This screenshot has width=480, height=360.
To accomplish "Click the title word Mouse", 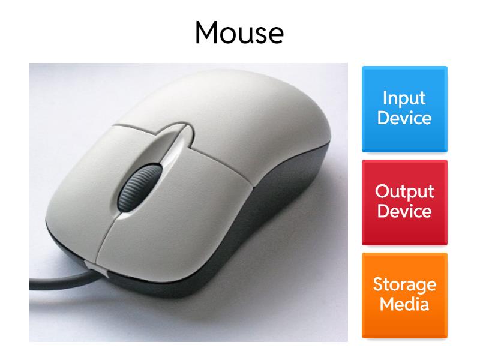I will [239, 33].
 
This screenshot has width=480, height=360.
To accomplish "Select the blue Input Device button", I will [404, 108].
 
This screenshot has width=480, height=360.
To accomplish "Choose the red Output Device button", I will [404, 202].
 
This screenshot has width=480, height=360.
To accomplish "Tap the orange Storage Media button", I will [404, 295].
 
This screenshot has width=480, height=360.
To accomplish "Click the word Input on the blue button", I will [404, 98].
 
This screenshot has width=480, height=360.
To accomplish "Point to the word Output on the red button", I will [404, 192].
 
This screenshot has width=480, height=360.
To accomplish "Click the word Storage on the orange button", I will [404, 284].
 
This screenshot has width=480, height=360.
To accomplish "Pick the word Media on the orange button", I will [404, 304].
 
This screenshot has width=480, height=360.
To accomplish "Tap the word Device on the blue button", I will [404, 118].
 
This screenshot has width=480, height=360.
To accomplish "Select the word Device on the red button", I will [404, 211].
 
